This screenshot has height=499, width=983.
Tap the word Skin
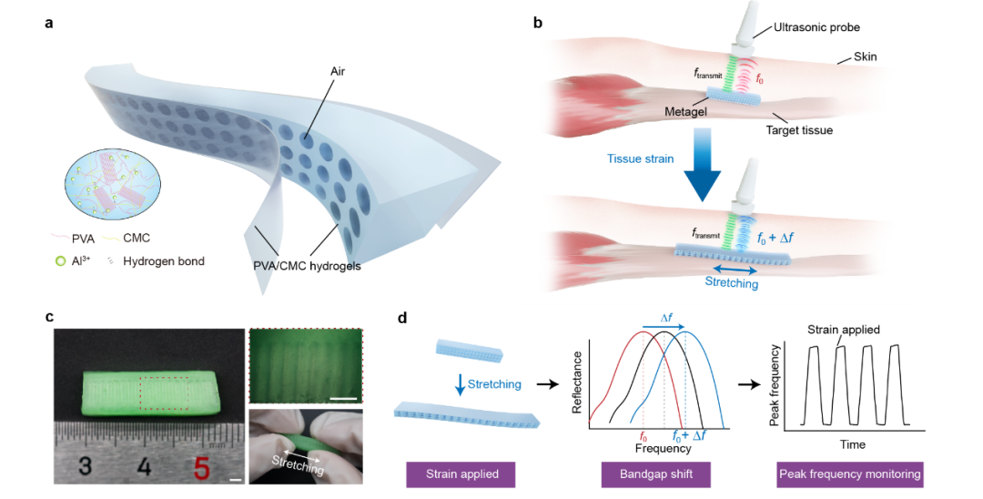click(866, 57)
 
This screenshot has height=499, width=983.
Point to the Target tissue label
click(799, 130)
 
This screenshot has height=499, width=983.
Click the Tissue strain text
click(640, 158)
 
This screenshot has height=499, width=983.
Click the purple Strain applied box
click(460, 474)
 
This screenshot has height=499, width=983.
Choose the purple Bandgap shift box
click(655, 474)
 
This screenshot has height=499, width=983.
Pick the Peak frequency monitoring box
click(849, 474)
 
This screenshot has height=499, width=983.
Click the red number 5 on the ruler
click(202, 468)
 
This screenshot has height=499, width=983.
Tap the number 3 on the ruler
click(85, 468)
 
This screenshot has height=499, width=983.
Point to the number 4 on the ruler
click(144, 468)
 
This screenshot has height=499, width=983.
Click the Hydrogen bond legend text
click(166, 261)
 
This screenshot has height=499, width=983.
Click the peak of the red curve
click(644, 331)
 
